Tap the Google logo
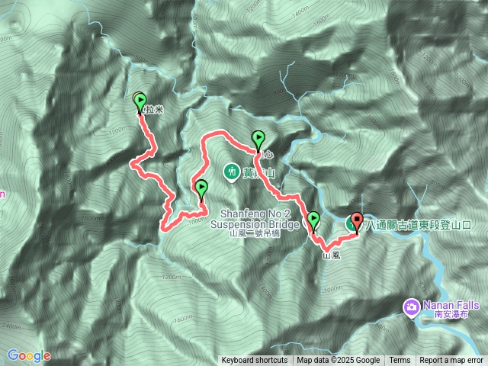point(28,355)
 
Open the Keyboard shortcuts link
point(255,361)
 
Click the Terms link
point(400,361)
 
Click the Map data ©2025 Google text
point(339,361)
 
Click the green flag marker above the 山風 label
point(313,220)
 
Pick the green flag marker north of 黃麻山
point(258,139)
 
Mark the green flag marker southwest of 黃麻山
point(201,187)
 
